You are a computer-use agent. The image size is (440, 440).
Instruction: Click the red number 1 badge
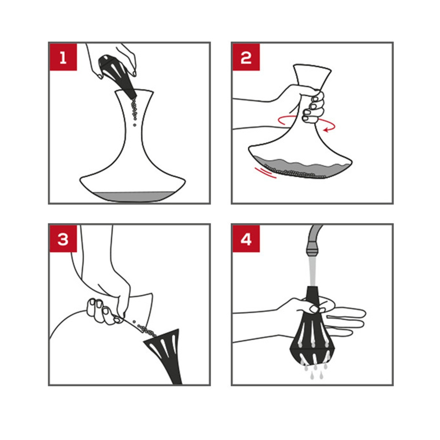63,57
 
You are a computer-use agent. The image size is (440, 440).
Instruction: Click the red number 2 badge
246,57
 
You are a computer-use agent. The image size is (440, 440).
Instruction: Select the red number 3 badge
63,239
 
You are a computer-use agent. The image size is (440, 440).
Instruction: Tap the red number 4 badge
246,239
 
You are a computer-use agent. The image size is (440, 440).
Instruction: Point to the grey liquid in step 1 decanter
132,197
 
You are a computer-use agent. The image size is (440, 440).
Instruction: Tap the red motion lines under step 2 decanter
265,173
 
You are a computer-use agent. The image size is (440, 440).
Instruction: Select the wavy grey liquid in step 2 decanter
301,168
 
